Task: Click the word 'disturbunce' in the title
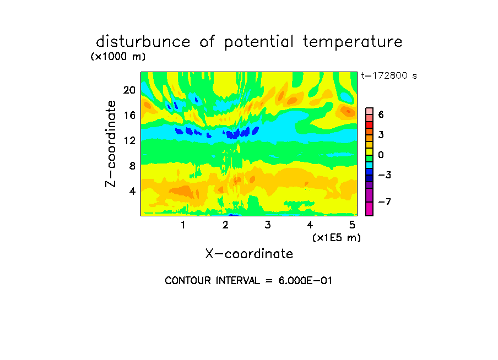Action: tap(143, 42)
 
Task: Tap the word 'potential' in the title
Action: tap(259, 42)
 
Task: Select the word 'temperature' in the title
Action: tap(353, 42)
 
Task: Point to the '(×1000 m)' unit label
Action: tap(118, 57)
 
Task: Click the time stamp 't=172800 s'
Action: tap(389, 76)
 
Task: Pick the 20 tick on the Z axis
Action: tap(129, 90)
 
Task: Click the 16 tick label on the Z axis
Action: tap(129, 115)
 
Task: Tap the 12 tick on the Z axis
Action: tap(129, 140)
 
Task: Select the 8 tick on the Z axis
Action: tap(132, 166)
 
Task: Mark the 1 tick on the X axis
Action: tap(183, 225)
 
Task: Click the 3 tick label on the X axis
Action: tap(268, 225)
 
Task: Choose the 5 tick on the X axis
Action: tap(352, 225)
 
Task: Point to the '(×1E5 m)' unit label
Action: tap(337, 238)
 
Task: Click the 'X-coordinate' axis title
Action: tap(249, 254)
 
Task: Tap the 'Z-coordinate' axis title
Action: tap(111, 144)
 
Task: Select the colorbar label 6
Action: tap(381, 114)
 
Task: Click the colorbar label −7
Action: tap(385, 201)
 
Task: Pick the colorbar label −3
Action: tap(385, 175)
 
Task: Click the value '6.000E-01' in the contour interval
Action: tap(305, 281)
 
